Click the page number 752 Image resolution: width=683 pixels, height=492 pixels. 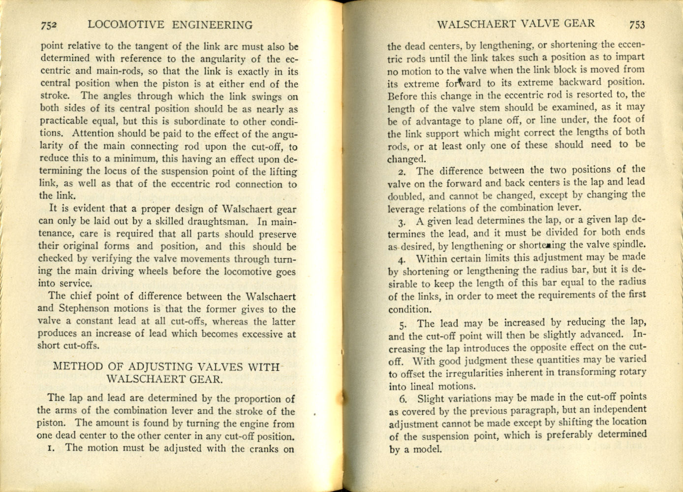(50, 25)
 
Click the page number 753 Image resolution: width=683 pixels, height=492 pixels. (636, 25)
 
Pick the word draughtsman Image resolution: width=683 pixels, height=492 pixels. (215, 222)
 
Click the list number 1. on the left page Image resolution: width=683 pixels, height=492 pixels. (50, 448)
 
